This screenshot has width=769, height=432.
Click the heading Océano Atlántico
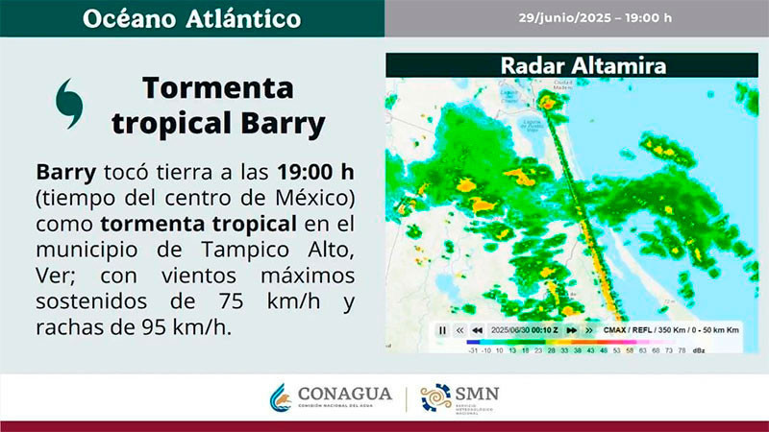coord(191,18)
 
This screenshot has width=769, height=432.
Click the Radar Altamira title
coord(570,66)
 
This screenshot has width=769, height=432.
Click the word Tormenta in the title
coord(217,88)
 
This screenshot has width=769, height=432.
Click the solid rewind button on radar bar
coord(477,329)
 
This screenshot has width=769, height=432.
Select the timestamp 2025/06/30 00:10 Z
coord(523,329)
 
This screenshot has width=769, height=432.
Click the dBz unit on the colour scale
coord(698,350)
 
